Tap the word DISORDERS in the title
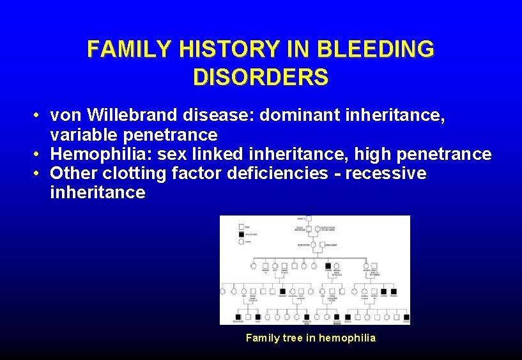click(x=261, y=77)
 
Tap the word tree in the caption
click(x=293, y=338)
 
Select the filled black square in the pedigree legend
click(x=242, y=234)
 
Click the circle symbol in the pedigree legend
click(x=242, y=241)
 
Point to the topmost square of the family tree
click(x=308, y=219)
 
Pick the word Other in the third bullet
click(x=71, y=173)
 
